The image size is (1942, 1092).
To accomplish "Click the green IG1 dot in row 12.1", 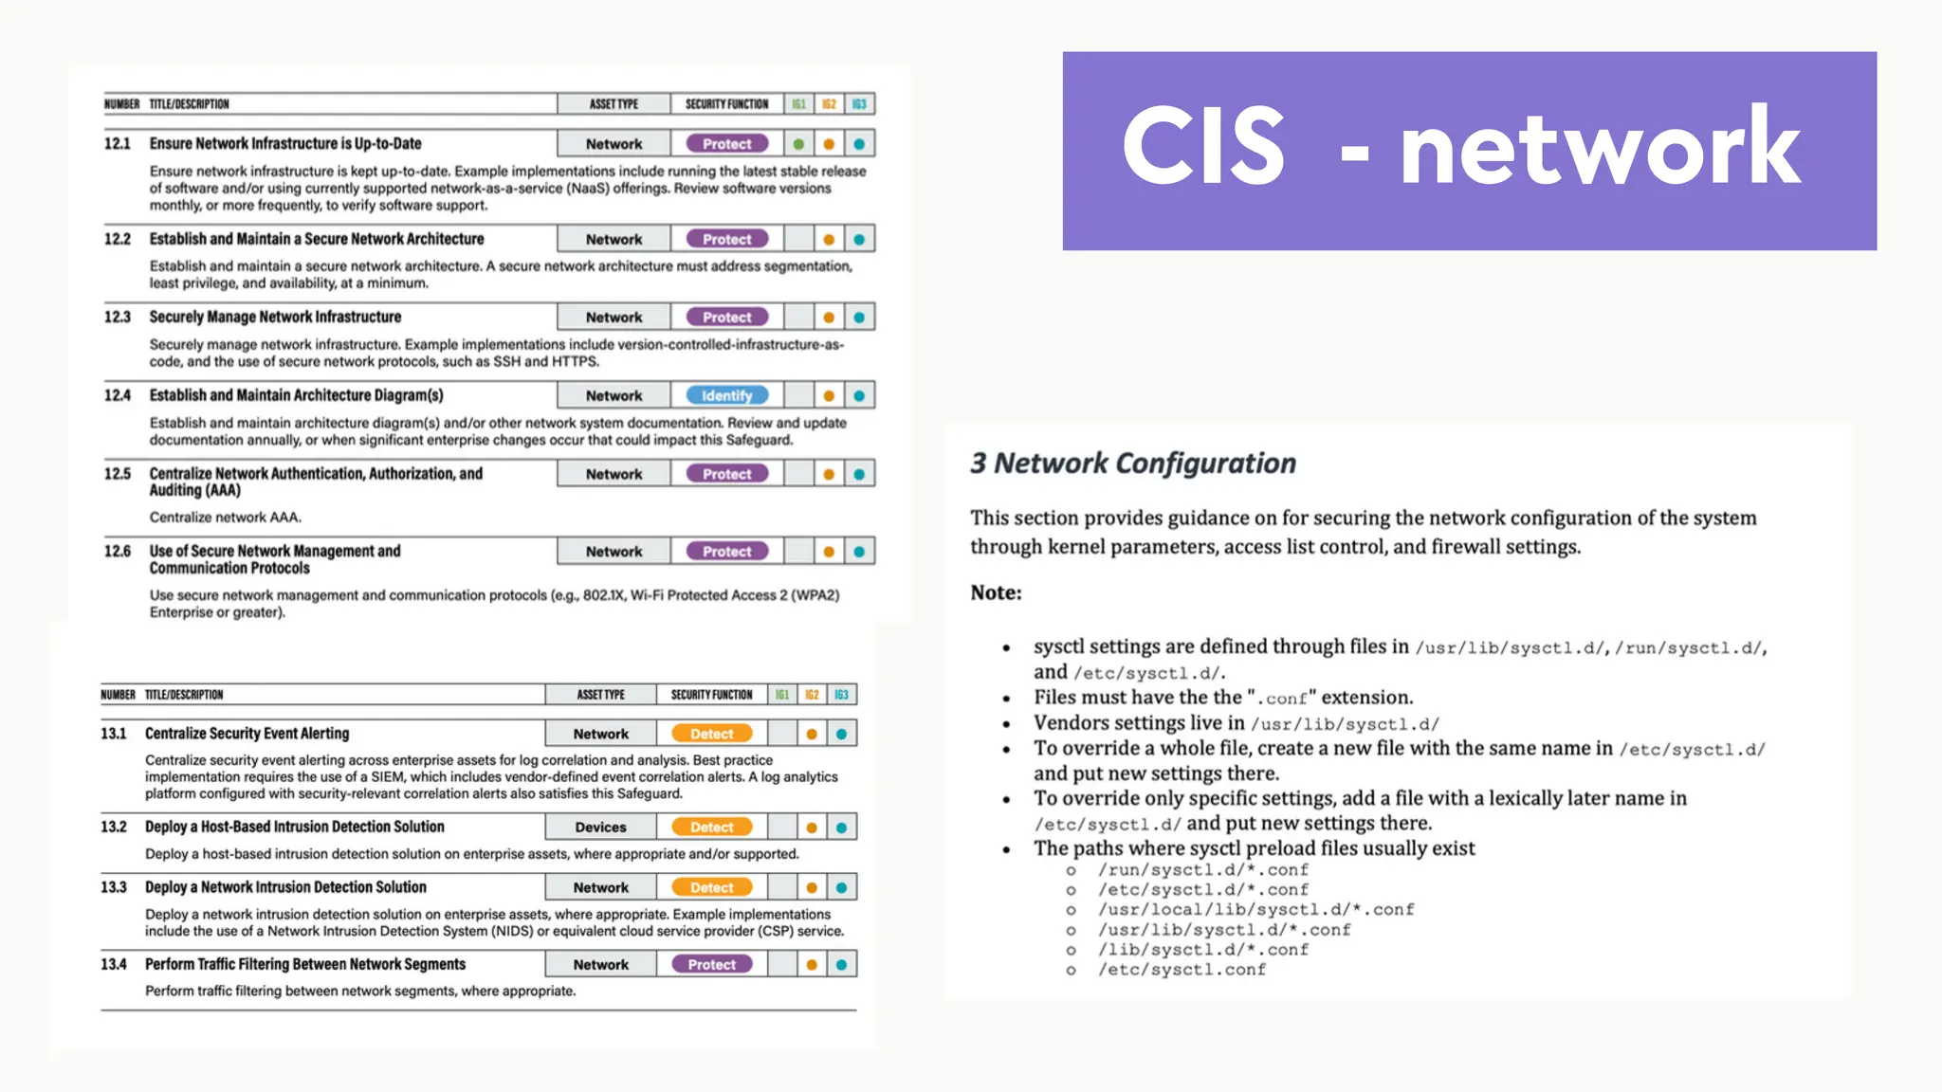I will coord(798,144).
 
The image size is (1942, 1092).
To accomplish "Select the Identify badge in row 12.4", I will coord(727,395).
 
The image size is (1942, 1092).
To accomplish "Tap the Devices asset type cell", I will coord(600,828).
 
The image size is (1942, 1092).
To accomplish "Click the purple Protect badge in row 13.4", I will coord(711,964).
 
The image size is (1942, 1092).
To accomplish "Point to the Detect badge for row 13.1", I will coord(711,734).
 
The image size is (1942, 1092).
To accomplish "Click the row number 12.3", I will coord(118,317).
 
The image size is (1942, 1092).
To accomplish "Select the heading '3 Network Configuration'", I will coord(1132,463).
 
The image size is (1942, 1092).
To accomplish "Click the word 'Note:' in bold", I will coord(996,592).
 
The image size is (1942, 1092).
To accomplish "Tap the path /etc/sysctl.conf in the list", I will coord(1182,970).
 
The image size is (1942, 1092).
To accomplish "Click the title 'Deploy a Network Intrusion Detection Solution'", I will coord(285,887).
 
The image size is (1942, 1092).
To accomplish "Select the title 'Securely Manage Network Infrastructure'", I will coord(275,317).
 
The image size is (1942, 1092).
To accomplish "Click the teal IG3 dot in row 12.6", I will coord(859,552).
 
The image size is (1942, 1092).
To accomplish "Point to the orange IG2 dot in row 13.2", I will coord(812,828).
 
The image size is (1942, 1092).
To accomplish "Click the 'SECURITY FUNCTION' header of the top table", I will coord(726,104).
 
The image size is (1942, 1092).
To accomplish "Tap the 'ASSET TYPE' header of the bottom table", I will coord(600,695).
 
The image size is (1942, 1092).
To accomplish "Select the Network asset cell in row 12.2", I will coord(614,240).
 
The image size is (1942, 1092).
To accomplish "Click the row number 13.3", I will coord(114,887).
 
